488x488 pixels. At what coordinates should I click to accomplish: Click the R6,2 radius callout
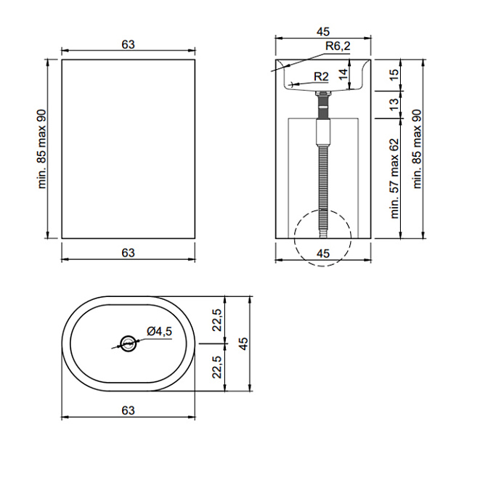pyautogui.click(x=338, y=46)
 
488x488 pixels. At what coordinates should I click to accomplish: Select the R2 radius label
pyautogui.click(x=321, y=76)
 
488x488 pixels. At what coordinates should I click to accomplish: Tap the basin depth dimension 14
pyautogui.click(x=343, y=74)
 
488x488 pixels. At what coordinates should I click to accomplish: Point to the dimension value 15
pyautogui.click(x=394, y=75)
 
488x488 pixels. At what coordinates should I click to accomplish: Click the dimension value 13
pyautogui.click(x=394, y=105)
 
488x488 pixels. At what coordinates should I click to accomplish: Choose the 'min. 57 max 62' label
pyautogui.click(x=394, y=179)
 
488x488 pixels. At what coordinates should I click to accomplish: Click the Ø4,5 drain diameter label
pyautogui.click(x=159, y=331)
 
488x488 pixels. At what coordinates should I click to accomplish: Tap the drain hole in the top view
pyautogui.click(x=128, y=343)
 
